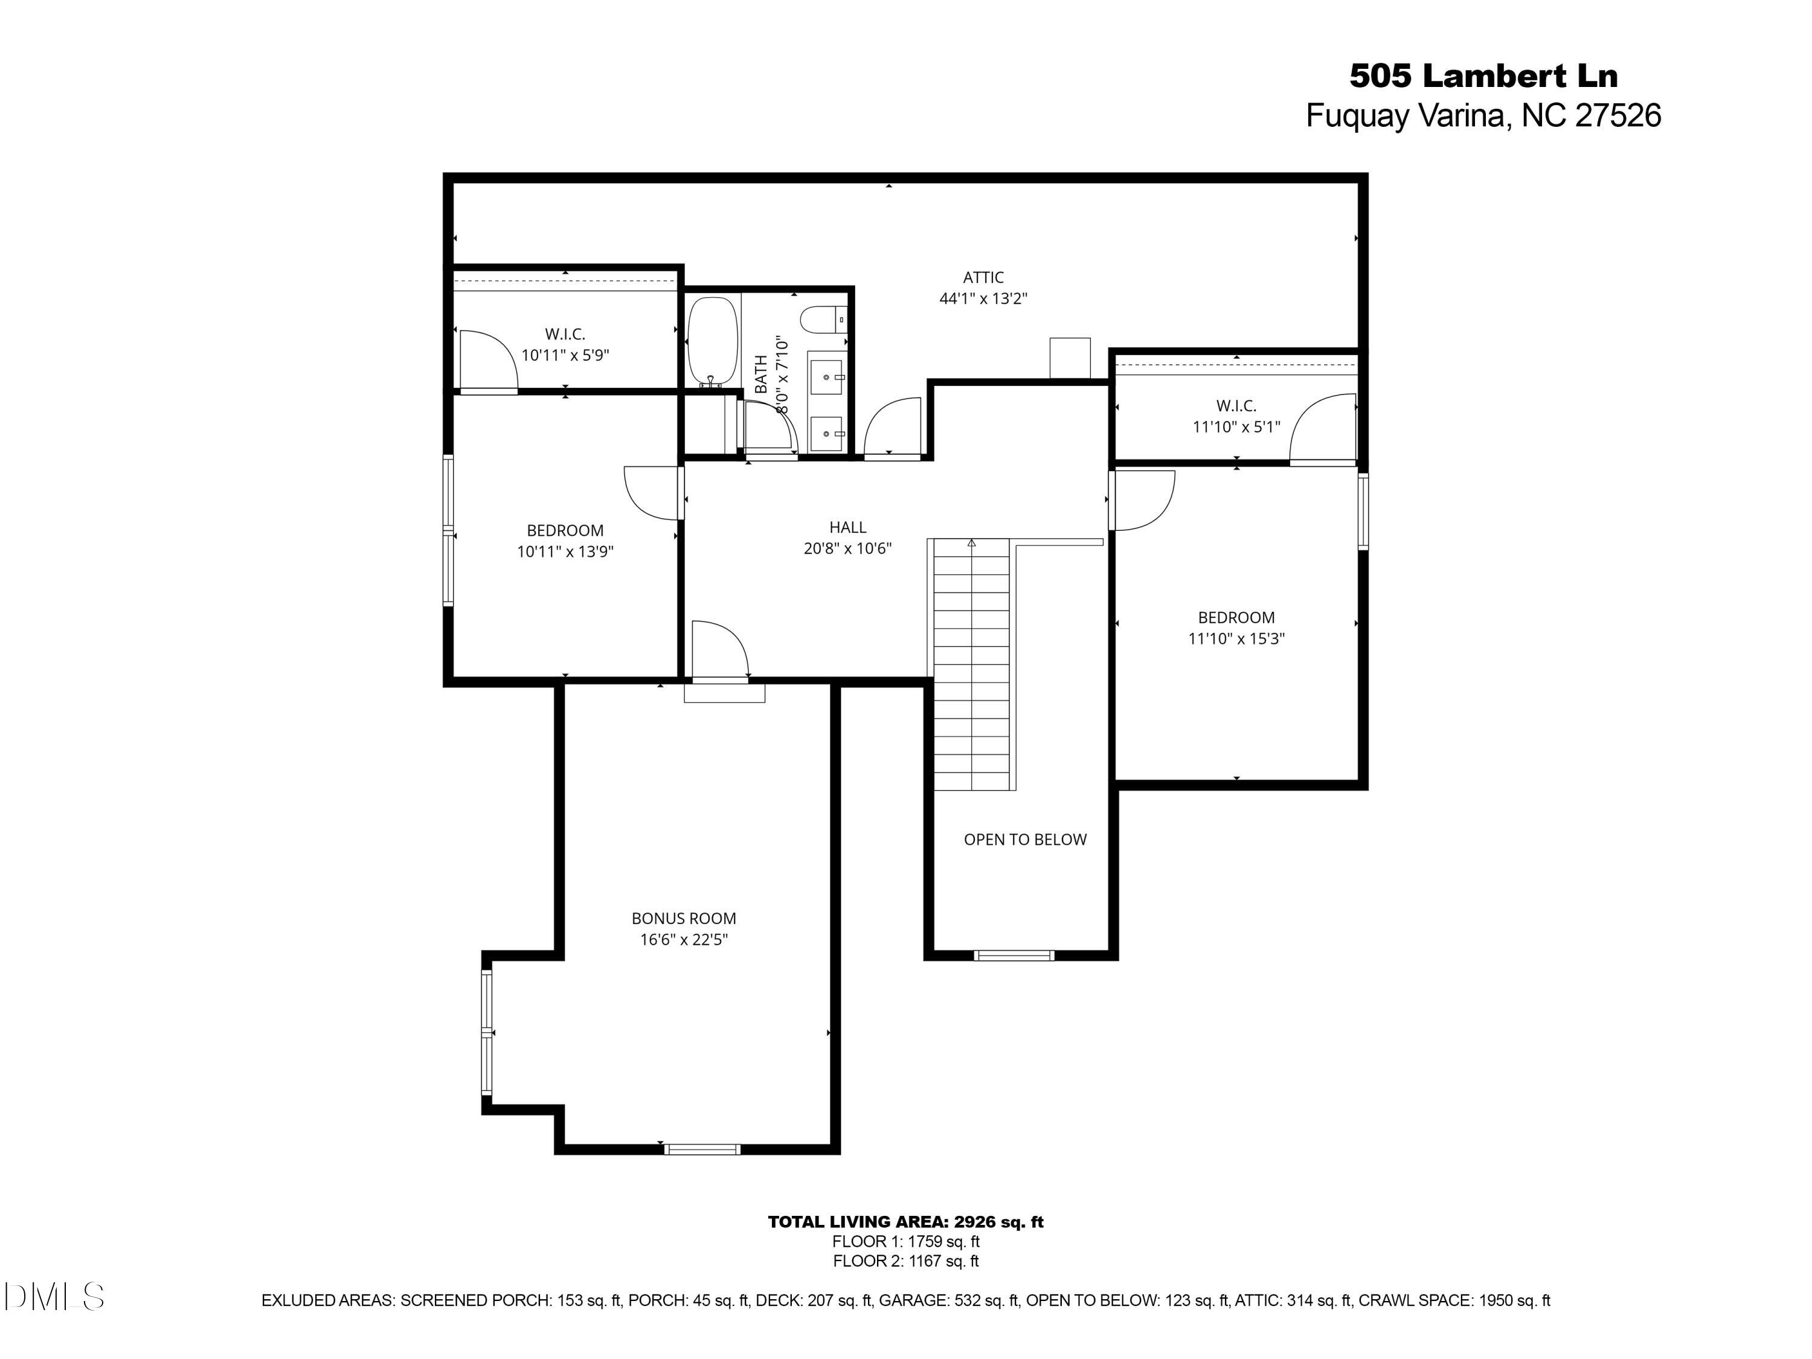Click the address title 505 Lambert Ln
[x=1483, y=76]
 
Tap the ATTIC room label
[x=982, y=278]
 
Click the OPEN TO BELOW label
[x=1025, y=840]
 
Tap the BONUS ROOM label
[x=683, y=918]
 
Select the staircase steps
[x=971, y=664]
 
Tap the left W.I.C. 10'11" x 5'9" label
[x=565, y=345]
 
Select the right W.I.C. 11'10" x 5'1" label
[x=1236, y=416]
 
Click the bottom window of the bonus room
[x=702, y=1149]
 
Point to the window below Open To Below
[x=1014, y=955]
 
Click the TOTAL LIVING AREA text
[x=905, y=1222]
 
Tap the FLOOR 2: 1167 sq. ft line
[x=905, y=1262]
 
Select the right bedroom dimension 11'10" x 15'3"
[x=1236, y=639]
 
